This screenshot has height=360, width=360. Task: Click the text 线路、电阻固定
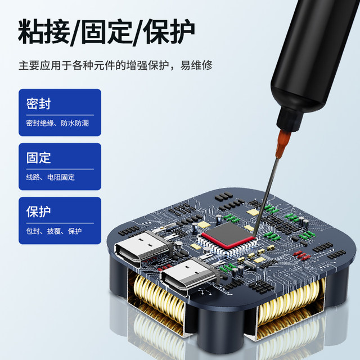(50, 177)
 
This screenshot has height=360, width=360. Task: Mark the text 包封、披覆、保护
(53, 231)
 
